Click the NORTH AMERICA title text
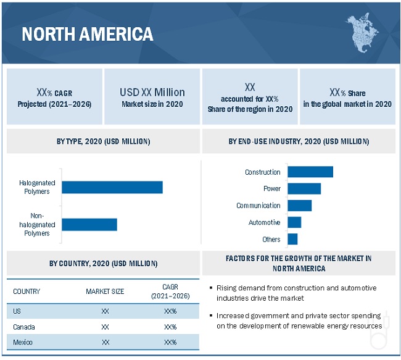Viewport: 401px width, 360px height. click(88, 33)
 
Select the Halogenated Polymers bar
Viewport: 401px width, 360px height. click(112, 187)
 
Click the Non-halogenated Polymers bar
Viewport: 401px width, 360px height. click(89, 224)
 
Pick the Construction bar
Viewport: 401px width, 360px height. click(310, 172)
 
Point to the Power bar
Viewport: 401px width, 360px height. click(304, 188)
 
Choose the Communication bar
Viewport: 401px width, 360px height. click(300, 205)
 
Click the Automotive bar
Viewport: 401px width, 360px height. click(294, 222)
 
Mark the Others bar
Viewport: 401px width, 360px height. click(292, 239)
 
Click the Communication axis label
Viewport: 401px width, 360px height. click(258, 206)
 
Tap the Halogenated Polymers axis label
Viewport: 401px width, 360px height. click(38, 187)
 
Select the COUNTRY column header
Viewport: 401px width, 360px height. click(27, 291)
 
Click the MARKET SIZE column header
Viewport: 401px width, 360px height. click(105, 291)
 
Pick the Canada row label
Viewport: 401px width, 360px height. click(24, 327)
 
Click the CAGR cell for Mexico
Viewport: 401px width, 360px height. click(170, 342)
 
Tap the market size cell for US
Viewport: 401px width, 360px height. click(105, 311)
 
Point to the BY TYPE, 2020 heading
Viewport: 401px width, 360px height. click(103, 141)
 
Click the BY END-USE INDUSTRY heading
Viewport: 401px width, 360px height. click(299, 141)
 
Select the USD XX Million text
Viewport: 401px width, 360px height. click(152, 92)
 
